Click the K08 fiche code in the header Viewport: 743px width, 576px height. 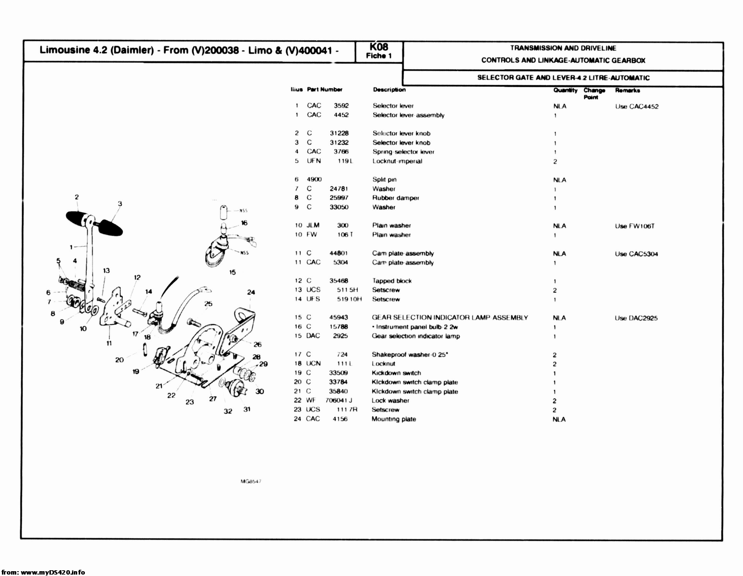point(378,47)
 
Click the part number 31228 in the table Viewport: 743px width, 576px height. point(339,133)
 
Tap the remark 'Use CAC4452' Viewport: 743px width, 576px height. point(637,107)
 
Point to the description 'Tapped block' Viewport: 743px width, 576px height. point(392,281)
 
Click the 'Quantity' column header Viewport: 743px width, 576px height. point(565,90)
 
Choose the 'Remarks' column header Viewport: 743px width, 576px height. point(627,90)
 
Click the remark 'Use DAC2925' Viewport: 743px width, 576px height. point(636,318)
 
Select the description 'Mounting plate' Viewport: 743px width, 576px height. point(394,419)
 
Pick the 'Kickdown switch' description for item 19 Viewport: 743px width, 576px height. point(396,373)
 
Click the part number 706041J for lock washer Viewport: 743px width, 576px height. point(339,400)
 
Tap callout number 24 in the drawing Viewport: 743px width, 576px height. point(251,292)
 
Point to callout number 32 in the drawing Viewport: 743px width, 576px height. point(228,411)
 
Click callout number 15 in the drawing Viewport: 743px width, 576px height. point(233,272)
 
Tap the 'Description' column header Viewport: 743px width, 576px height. point(389,90)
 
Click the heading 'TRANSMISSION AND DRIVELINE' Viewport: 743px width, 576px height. point(563,48)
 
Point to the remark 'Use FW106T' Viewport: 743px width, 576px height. point(635,226)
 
